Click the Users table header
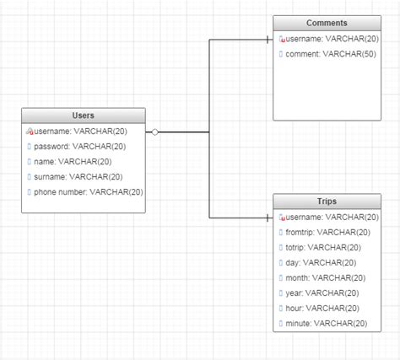[x=83, y=116]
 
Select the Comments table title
[x=327, y=24]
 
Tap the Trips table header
[x=327, y=202]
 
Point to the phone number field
[x=89, y=192]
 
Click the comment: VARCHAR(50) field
[x=329, y=55]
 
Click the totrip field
[x=323, y=248]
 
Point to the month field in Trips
[x=325, y=278]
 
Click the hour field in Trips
[x=322, y=309]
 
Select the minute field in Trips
[x=327, y=324]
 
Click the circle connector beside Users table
[x=154, y=132]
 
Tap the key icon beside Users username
[x=30, y=132]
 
